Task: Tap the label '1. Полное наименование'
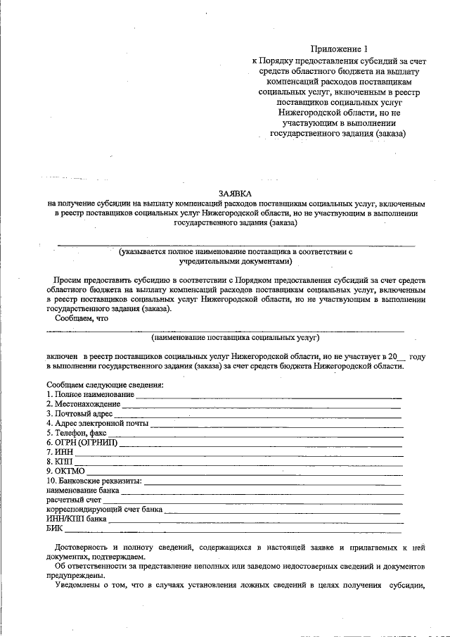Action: pyautogui.click(x=90, y=395)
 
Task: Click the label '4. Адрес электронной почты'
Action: pyautogui.click(x=97, y=424)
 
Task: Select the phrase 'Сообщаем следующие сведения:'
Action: pyautogui.click(x=105, y=385)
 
